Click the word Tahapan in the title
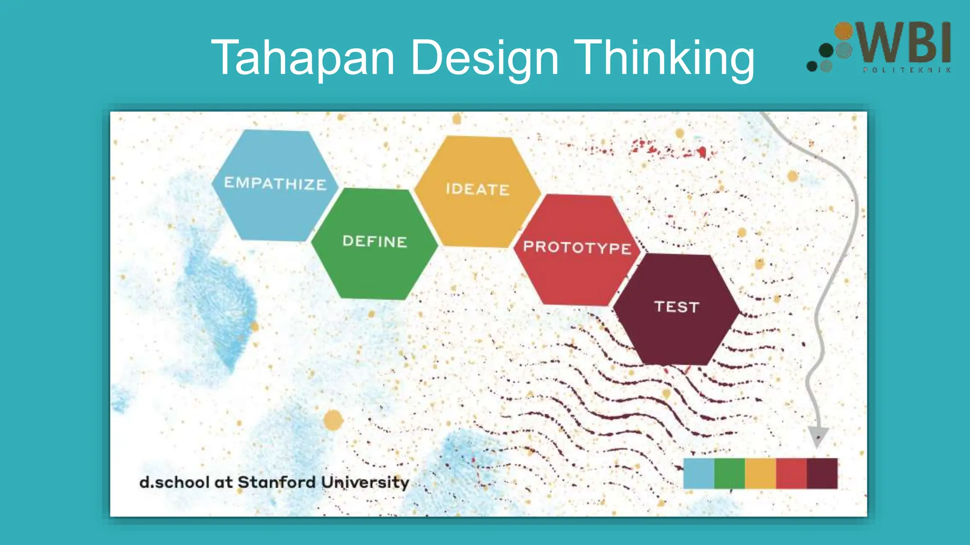point(303,58)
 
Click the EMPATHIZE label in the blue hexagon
point(275,184)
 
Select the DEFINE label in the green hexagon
point(375,242)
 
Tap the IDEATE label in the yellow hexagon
point(477,189)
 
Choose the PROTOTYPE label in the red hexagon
point(577,247)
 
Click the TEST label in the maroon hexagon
point(676,307)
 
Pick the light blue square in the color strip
point(699,473)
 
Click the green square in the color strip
point(729,473)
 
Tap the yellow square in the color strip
point(760,473)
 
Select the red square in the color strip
point(791,473)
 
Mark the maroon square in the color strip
point(822,473)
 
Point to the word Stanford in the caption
point(277,482)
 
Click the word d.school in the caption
point(174,482)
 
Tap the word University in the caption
point(365,483)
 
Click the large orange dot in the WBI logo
point(843,31)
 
